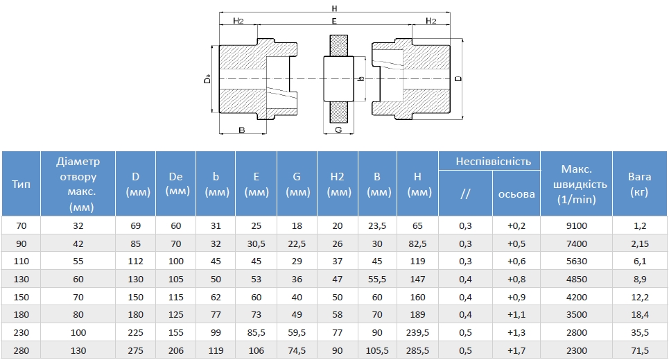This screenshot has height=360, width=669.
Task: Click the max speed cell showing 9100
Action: tap(576, 226)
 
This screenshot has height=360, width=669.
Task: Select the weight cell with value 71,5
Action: tap(640, 350)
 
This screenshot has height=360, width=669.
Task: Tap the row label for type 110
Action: tap(21, 262)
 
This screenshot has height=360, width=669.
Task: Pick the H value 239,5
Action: tap(418, 333)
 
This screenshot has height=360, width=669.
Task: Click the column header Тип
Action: tap(21, 184)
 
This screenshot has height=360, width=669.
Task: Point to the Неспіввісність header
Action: tap(493, 162)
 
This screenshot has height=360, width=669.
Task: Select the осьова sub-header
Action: tap(516, 194)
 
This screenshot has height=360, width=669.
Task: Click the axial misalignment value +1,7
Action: tap(516, 350)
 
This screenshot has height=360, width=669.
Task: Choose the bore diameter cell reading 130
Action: tap(78, 350)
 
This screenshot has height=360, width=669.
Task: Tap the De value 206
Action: tap(176, 350)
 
